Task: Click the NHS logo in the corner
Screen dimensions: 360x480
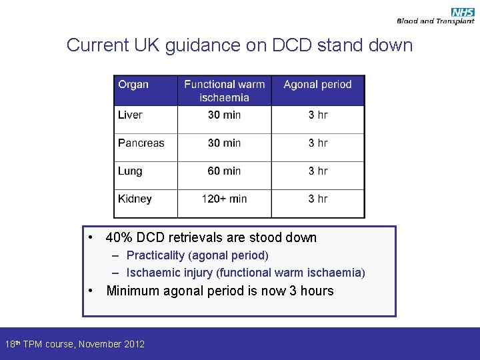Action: click(x=462, y=12)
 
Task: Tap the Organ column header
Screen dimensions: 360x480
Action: click(x=133, y=85)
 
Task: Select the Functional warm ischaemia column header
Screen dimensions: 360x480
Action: click(x=224, y=91)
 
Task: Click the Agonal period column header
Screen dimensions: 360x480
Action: click(x=317, y=85)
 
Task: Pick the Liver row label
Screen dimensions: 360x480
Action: click(x=130, y=115)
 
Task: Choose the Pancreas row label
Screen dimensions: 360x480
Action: click(x=141, y=143)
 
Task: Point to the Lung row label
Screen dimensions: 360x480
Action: click(x=130, y=171)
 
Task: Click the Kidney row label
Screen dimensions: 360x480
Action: click(x=135, y=199)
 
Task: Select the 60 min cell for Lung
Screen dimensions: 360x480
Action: click(x=224, y=171)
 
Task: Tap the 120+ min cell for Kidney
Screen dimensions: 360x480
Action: click(x=224, y=199)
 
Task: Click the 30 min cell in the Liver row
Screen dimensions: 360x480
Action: click(x=224, y=115)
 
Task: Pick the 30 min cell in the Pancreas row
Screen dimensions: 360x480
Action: click(x=224, y=143)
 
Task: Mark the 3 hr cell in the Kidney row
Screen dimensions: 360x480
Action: click(x=318, y=199)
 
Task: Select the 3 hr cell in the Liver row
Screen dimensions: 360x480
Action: click(x=318, y=115)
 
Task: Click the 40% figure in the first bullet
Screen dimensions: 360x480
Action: click(x=119, y=237)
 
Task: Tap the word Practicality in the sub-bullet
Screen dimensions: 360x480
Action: click(x=156, y=255)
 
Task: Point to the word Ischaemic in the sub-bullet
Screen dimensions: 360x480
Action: click(x=153, y=273)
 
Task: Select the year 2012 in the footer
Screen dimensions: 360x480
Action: click(x=133, y=344)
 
